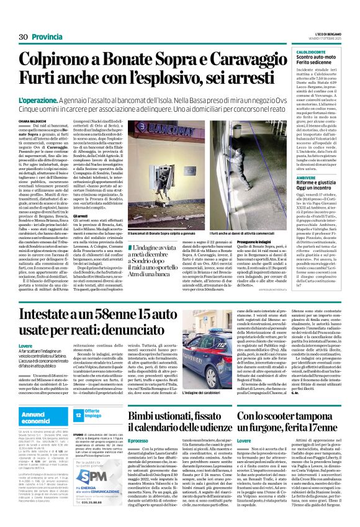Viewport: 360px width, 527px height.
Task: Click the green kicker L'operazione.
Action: (x=37, y=100)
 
